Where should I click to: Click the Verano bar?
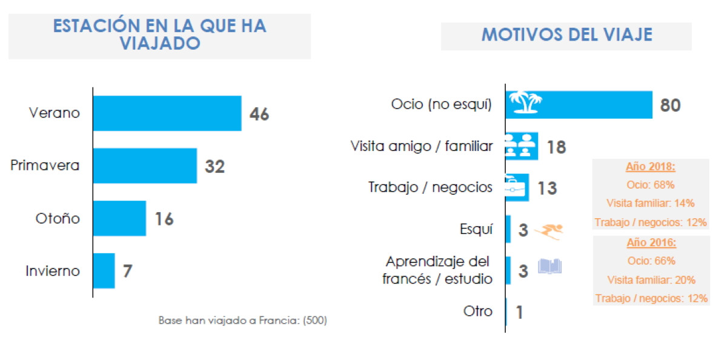click(167, 113)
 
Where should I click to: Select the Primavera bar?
click(145, 166)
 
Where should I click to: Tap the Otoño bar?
click(120, 218)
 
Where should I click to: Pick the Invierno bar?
click(104, 271)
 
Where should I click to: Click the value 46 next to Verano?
click(259, 115)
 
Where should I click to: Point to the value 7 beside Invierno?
click(128, 271)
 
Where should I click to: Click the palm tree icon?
click(525, 102)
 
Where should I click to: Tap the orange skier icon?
click(549, 232)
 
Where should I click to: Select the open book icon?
click(550, 266)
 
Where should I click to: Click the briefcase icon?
click(515, 186)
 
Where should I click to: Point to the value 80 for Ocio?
click(670, 105)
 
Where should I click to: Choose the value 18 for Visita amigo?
click(557, 147)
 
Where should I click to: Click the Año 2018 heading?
click(651, 167)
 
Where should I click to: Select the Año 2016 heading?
click(651, 242)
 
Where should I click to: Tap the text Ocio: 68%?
click(651, 185)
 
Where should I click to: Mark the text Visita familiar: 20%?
click(651, 280)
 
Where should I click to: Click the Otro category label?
click(478, 312)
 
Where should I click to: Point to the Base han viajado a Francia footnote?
click(243, 321)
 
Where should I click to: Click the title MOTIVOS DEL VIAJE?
click(566, 35)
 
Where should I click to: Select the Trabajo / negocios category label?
click(430, 187)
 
